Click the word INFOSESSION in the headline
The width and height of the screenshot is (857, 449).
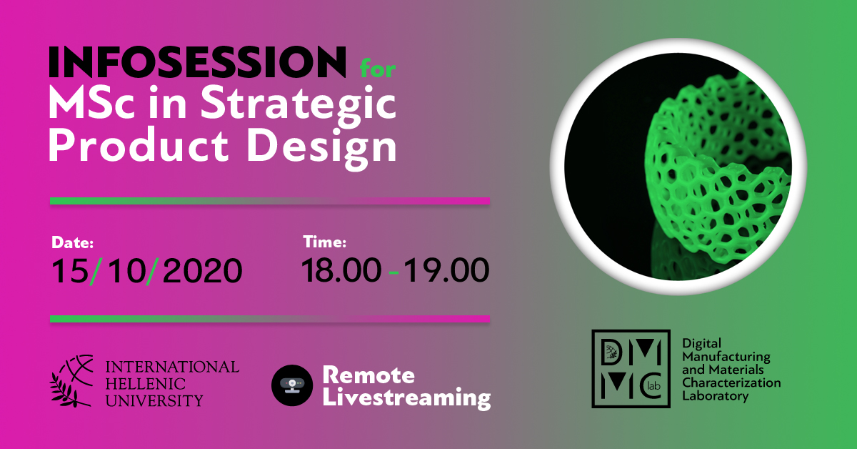197,61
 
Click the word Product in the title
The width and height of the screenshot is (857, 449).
139,145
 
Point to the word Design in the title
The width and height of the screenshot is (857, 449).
322,147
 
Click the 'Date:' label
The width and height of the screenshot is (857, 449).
72,242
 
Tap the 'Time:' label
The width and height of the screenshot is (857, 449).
324,242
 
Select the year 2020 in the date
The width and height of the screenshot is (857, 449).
203,271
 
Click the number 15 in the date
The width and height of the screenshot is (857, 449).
70,271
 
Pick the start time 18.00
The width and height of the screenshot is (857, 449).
341,270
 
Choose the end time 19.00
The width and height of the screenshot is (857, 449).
446,270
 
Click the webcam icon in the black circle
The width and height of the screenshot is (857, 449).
292,385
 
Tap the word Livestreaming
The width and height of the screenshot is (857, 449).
406,398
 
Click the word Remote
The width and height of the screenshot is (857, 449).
369,375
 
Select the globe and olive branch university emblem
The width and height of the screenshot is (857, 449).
71,380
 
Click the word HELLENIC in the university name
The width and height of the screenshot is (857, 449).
146,384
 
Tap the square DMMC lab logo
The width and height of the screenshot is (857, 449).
631,368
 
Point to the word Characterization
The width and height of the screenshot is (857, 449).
731,383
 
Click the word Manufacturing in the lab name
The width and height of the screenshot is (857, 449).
726,357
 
